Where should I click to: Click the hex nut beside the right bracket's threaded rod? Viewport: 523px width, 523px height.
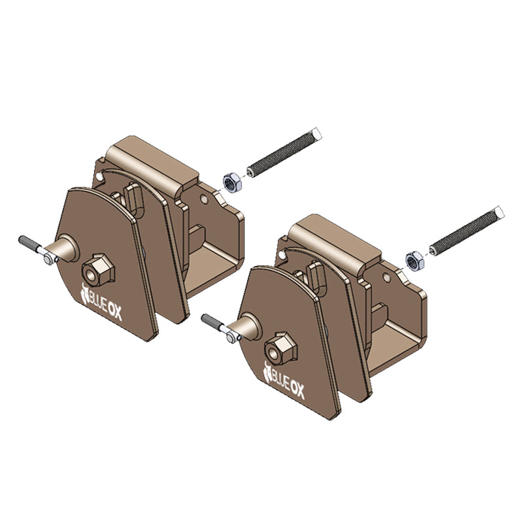coord(415,261)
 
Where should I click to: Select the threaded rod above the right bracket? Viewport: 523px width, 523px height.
coord(467,231)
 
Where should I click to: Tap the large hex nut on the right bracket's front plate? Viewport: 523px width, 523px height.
coord(281,348)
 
